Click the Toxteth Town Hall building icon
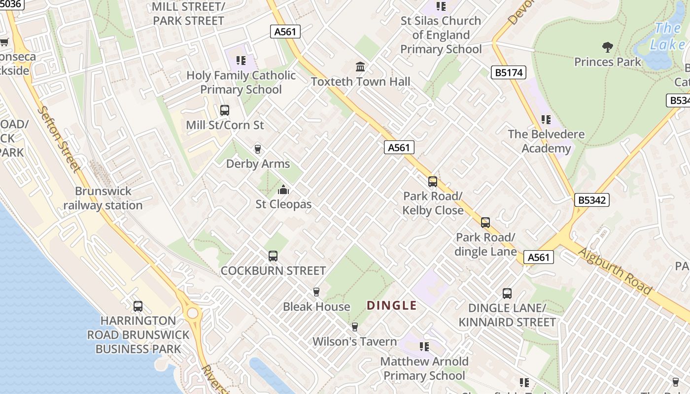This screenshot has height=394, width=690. (x=360, y=66)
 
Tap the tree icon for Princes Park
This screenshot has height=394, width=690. (x=608, y=47)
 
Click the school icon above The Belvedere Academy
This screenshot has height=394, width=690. (x=546, y=119)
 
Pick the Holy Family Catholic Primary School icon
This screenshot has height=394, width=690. (x=241, y=61)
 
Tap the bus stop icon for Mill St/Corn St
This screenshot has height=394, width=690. (x=225, y=110)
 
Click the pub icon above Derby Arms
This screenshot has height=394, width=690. (x=257, y=149)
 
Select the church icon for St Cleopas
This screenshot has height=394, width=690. (x=283, y=190)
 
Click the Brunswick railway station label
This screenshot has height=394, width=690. (x=103, y=198)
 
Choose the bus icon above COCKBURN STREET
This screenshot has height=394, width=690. (x=273, y=256)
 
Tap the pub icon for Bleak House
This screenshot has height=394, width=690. (x=316, y=292)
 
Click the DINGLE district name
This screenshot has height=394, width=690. (x=392, y=305)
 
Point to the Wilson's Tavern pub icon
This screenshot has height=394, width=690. (x=354, y=327)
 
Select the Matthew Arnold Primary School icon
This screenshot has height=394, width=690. (x=424, y=347)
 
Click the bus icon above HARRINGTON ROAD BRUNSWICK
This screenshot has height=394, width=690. (x=138, y=306)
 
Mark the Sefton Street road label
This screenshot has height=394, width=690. (x=59, y=139)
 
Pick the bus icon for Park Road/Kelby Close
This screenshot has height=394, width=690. (x=433, y=182)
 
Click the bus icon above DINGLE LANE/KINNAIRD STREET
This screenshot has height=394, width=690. (x=507, y=294)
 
